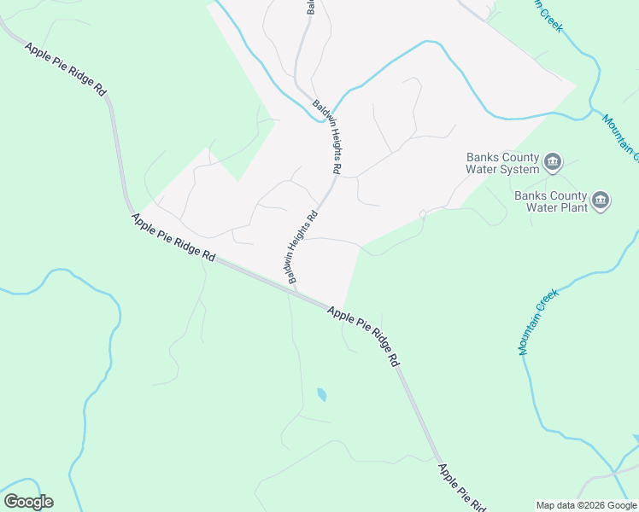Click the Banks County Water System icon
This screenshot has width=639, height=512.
553,160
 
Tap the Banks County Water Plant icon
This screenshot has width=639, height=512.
601,201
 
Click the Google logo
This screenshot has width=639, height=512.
28,502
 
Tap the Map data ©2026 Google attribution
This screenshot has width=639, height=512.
586,505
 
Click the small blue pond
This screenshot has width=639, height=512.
321,394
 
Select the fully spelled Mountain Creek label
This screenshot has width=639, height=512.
537,322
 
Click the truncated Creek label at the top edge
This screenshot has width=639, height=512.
549,15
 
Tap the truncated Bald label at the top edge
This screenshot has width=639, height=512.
311,7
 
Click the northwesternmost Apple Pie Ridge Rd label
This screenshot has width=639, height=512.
66,70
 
